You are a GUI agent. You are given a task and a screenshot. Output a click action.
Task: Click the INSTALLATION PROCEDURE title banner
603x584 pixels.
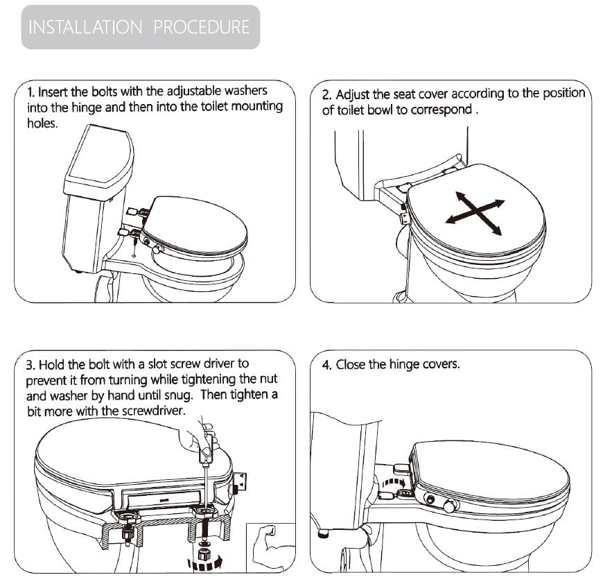pos(141,27)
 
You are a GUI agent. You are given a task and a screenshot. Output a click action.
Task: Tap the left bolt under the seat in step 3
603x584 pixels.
pos(127,535)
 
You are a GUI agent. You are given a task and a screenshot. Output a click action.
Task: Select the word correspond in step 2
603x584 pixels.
pos(440,110)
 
